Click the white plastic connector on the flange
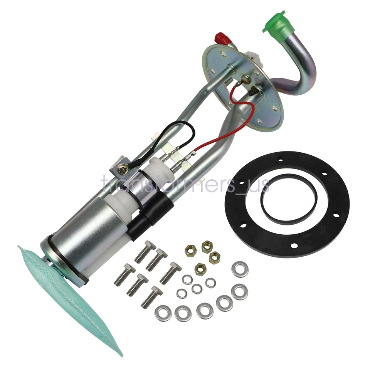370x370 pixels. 254,58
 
